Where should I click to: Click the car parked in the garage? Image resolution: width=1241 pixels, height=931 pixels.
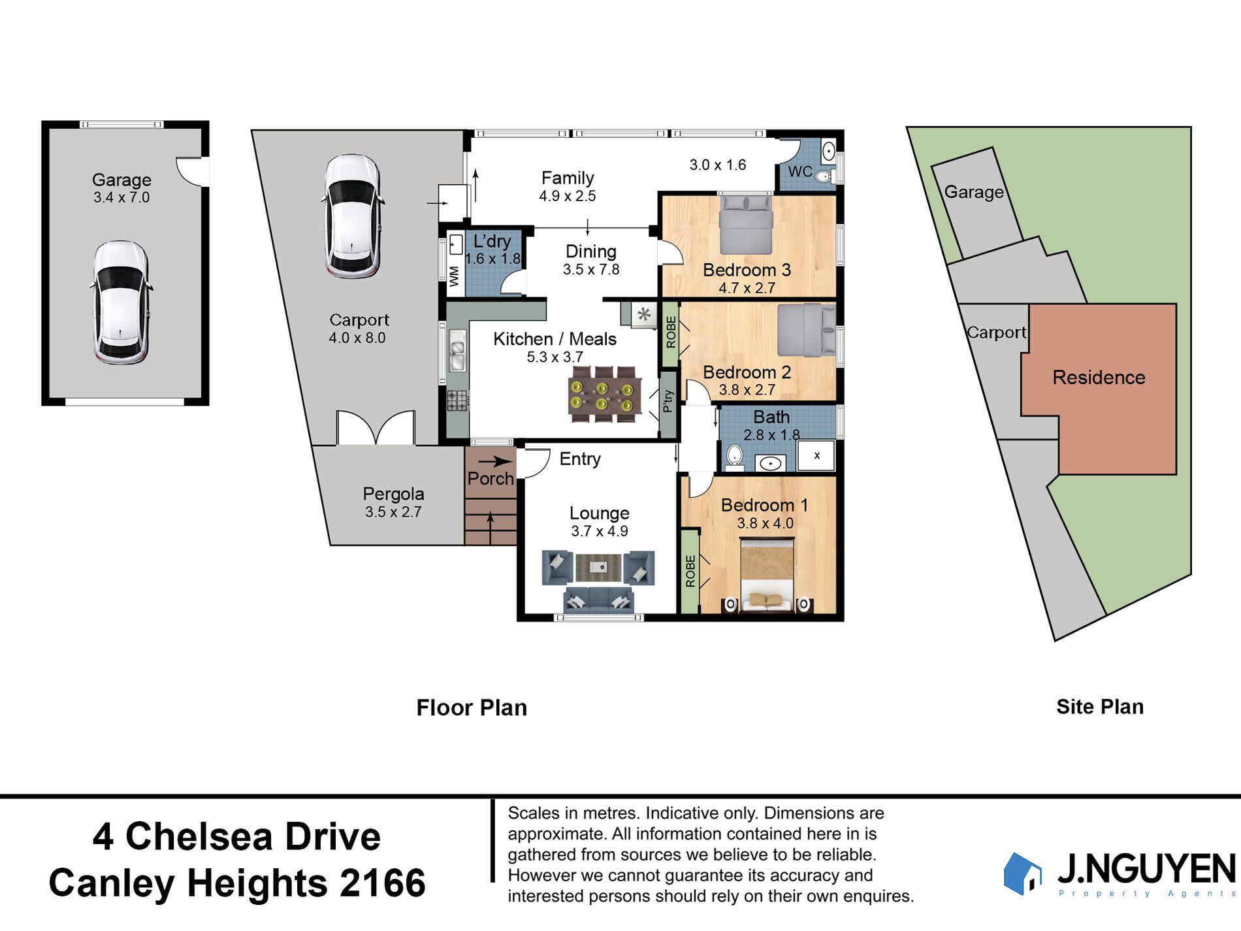pos(121,302)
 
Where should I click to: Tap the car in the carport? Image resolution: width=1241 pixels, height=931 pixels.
pos(352,216)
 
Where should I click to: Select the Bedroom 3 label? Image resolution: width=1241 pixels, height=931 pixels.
pos(747,270)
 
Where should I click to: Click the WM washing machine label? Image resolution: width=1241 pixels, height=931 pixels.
pos(454,276)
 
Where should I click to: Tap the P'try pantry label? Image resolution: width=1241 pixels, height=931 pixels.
pos(668,400)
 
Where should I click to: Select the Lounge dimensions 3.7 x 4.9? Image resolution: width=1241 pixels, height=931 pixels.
pos(600,531)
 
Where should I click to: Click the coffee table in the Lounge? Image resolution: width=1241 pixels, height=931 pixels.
pos(599,567)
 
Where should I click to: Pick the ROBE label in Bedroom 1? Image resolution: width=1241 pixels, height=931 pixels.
pos(690,571)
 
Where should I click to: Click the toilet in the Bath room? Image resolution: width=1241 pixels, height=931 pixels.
pos(735,458)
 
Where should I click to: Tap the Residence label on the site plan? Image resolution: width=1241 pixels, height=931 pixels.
pos(1099,377)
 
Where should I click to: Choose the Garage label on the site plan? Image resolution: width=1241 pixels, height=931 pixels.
pos(974,192)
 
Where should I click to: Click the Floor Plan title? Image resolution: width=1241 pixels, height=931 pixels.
pos(472,708)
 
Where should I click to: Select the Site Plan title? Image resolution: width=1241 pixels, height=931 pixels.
pos(1100,706)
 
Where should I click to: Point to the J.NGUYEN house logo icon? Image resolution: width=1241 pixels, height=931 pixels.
pos(1022,873)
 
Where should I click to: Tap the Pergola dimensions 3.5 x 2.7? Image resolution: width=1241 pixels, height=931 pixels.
pos(393,512)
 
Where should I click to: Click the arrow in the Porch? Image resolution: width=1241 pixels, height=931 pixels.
pos(495,461)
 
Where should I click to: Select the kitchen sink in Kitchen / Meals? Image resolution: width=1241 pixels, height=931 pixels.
pos(457,350)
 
